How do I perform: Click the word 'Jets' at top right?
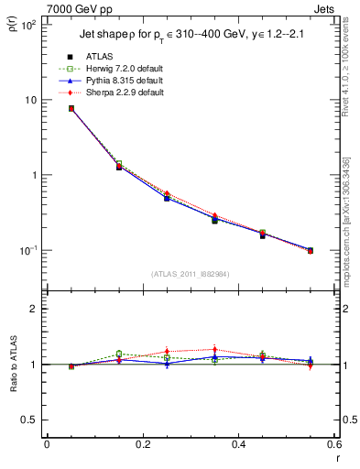(322, 7)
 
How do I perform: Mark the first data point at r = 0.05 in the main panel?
(71, 108)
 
